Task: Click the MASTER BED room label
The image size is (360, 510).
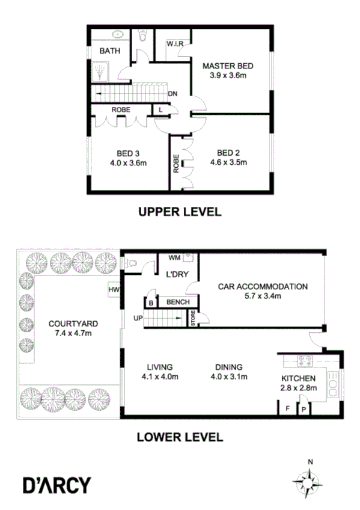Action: [x=228, y=66]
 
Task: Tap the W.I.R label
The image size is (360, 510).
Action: [x=175, y=43]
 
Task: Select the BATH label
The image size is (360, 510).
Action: [x=109, y=51]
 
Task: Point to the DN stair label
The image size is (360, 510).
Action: [x=172, y=94]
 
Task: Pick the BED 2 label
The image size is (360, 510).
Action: [x=228, y=152]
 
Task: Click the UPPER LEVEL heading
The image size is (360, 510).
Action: [x=180, y=212]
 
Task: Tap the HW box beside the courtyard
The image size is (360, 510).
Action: [x=113, y=290]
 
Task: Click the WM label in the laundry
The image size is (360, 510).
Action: [x=174, y=258]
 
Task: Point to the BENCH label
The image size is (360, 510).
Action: [x=178, y=302]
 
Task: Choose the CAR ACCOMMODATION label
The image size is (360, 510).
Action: [x=263, y=286]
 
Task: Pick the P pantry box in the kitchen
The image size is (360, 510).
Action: [x=304, y=409]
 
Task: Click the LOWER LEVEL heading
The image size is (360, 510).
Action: [x=180, y=437]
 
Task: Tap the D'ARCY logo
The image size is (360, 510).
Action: [x=57, y=484]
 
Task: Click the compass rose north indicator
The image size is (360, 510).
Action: [x=310, y=462]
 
